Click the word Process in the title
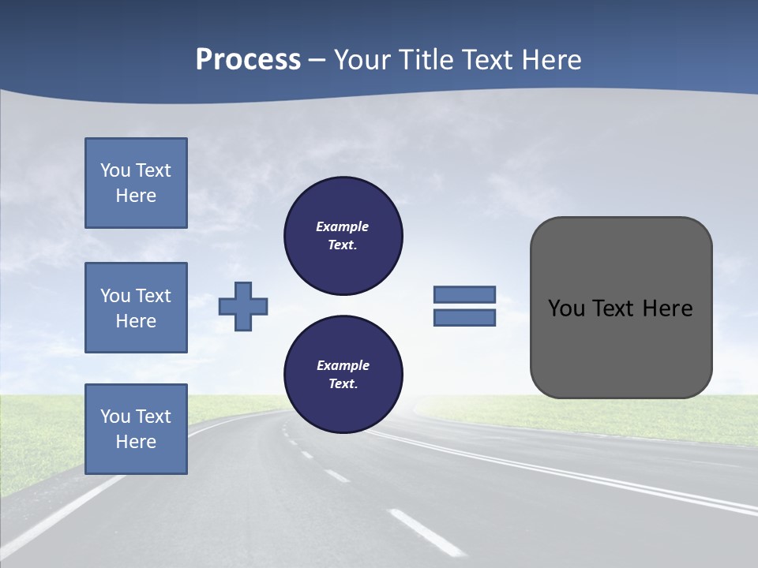click(248, 60)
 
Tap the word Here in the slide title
click(550, 60)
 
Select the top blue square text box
click(136, 183)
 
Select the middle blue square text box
click(136, 308)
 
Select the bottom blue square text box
click(136, 429)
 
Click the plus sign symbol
click(243, 306)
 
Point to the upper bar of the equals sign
click(464, 294)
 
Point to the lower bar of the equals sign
click(464, 318)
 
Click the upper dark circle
click(343, 236)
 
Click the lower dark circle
click(343, 375)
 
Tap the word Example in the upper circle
click(343, 226)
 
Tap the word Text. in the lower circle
click(343, 384)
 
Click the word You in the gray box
click(565, 308)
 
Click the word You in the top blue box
click(115, 170)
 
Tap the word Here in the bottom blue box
click(136, 442)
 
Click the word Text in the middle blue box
click(153, 296)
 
